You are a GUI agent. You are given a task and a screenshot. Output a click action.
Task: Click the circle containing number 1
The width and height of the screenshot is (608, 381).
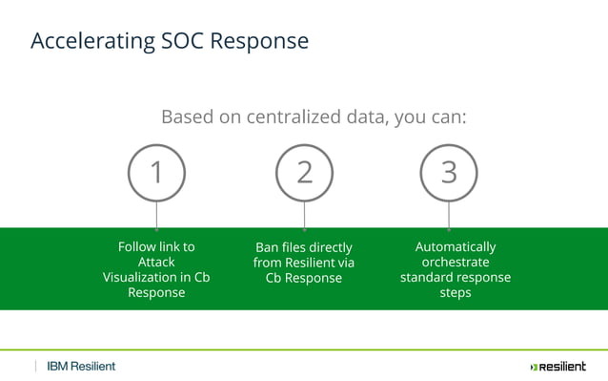[x=156, y=172]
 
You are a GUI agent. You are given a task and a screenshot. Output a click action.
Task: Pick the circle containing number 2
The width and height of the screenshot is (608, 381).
[x=304, y=172]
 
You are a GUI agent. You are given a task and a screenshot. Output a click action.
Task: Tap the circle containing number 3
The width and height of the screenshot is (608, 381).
[x=449, y=172]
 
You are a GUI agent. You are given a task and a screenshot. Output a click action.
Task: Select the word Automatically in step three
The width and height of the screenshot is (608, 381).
[x=456, y=246]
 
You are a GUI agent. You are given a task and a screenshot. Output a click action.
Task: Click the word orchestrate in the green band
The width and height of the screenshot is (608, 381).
[x=456, y=262]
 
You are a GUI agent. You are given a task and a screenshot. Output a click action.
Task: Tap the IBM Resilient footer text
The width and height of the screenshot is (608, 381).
[x=81, y=367]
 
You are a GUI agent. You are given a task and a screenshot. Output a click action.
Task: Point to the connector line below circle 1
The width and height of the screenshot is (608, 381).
[x=156, y=215]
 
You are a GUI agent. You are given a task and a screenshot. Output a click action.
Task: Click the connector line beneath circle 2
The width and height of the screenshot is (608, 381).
[x=304, y=215]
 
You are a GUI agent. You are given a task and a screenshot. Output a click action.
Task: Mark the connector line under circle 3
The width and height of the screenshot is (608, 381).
[x=449, y=215]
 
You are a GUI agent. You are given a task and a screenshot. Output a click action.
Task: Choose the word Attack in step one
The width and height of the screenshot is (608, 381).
[x=156, y=262]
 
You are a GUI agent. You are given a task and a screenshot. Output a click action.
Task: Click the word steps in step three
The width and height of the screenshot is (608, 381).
[x=456, y=292]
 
